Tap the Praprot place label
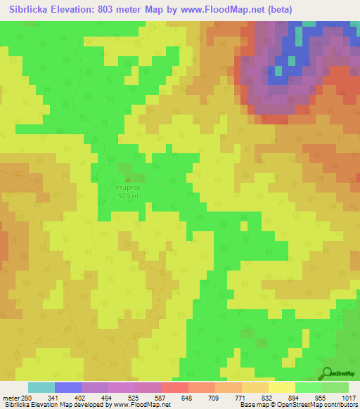(127, 188)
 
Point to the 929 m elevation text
(127, 196)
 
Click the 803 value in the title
(112, 9)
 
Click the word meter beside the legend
(9, 398)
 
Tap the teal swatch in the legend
(41, 387)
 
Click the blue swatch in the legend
(68, 387)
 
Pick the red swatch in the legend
(174, 387)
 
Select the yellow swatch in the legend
(281, 387)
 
